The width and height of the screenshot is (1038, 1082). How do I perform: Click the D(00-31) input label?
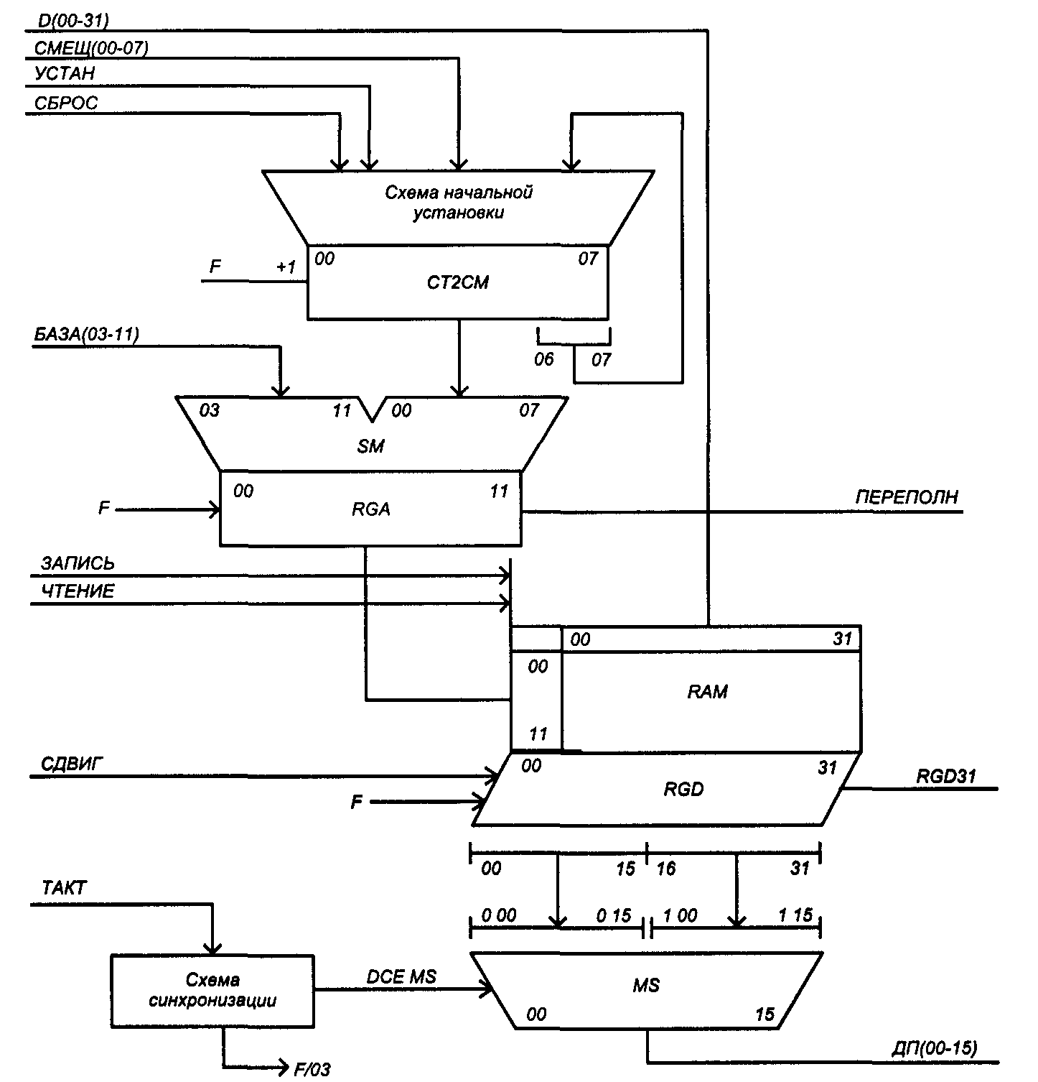(x=71, y=21)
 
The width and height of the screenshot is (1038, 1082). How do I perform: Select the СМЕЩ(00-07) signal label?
(x=91, y=48)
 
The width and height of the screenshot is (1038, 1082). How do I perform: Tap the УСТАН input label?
(x=65, y=74)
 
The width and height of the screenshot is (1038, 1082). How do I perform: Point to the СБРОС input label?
(x=66, y=103)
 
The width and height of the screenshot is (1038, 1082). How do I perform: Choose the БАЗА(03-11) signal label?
(x=87, y=334)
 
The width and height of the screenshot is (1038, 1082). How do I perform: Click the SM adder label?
(x=371, y=446)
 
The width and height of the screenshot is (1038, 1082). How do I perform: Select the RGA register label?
(x=371, y=509)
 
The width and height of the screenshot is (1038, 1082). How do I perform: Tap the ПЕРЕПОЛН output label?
(x=907, y=497)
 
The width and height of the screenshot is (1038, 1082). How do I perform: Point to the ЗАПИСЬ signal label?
(x=78, y=564)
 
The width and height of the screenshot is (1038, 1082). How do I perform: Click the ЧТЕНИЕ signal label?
(x=78, y=592)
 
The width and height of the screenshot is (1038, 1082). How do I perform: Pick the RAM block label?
(x=708, y=692)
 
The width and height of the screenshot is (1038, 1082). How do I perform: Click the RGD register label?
(x=683, y=790)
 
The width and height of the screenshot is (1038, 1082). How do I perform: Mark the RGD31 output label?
(x=946, y=776)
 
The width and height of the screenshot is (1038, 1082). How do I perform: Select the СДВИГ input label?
(x=73, y=763)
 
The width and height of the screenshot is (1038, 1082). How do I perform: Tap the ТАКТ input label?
(x=64, y=889)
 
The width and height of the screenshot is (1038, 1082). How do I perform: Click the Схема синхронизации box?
(x=212, y=990)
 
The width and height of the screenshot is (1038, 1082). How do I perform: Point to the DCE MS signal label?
(x=401, y=977)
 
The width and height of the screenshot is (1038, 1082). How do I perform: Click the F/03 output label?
(x=312, y=1070)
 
